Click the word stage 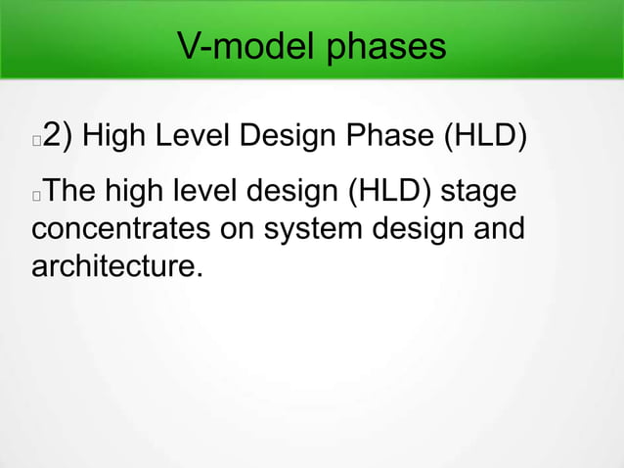tap(478, 192)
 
